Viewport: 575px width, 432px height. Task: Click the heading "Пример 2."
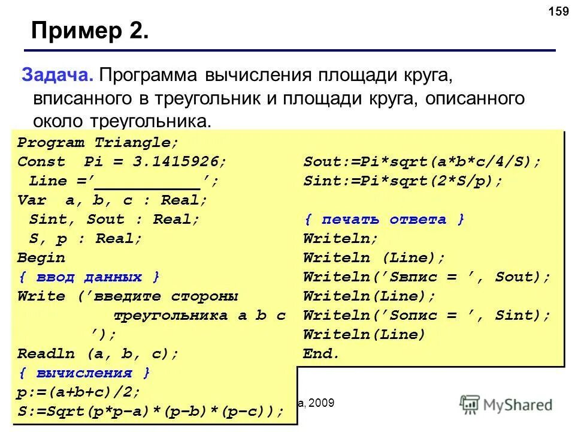[x=89, y=30]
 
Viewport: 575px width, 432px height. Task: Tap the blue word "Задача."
[x=57, y=76]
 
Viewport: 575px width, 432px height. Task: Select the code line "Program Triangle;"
[x=98, y=143]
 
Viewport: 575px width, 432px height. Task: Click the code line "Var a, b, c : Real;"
[x=112, y=200]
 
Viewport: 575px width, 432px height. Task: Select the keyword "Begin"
[x=41, y=258]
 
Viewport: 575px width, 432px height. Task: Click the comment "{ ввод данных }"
[x=89, y=277]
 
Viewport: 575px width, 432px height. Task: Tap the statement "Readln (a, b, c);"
[x=98, y=354]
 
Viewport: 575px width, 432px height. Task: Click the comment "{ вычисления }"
[x=84, y=373]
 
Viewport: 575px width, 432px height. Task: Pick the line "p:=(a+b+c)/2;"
[x=78, y=392]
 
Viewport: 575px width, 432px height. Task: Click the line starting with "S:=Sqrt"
[x=150, y=412]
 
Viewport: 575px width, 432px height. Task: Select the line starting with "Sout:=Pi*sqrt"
[x=422, y=162]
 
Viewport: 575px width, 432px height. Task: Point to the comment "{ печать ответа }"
[x=384, y=220]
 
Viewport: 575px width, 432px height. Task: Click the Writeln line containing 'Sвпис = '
[x=426, y=277]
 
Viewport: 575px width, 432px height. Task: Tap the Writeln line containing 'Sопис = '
[x=426, y=316]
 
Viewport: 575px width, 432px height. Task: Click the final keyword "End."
[x=321, y=354]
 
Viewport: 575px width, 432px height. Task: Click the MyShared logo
[x=506, y=404]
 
